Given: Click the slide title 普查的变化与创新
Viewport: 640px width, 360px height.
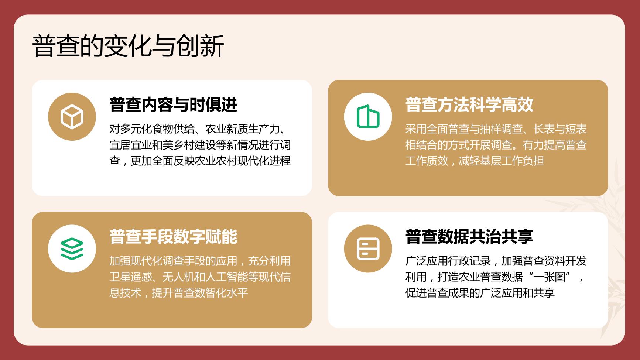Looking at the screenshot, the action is [x=128, y=47].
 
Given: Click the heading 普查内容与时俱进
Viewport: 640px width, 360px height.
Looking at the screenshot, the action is [x=173, y=104].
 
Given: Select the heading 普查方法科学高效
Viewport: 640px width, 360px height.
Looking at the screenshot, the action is [x=469, y=104].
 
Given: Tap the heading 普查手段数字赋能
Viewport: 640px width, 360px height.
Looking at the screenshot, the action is [x=173, y=237].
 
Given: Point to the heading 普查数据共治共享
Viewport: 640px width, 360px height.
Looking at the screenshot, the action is [x=469, y=237].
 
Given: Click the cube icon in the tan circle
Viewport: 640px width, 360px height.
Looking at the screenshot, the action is [x=72, y=117].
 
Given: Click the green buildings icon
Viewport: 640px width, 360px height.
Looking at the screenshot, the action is [x=368, y=117].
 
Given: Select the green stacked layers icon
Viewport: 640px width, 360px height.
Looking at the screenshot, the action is [x=72, y=249].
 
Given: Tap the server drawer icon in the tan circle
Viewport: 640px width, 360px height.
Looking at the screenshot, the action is [x=368, y=249].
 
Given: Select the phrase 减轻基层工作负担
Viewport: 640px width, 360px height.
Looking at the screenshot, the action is [x=501, y=161].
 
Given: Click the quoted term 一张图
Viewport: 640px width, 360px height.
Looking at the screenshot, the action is [x=550, y=277].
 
